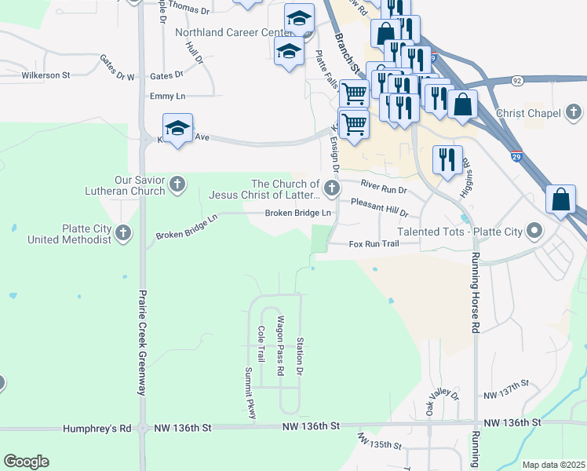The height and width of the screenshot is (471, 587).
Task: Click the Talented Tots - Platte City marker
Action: coord(535,231)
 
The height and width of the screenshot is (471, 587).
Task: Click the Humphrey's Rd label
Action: coord(97,429)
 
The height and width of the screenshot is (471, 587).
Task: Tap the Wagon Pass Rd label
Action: coord(279,345)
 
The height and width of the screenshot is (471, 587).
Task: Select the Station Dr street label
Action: coord(299,356)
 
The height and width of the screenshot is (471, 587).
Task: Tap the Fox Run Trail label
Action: coord(374,244)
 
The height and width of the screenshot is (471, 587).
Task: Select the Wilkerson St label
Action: coord(46,75)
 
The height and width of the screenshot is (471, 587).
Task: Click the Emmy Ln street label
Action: coord(168,96)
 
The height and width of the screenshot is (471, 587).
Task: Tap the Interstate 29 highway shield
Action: coord(516,155)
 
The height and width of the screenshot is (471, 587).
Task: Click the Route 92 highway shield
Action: coord(516,80)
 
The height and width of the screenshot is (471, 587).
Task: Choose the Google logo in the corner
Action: coord(26,462)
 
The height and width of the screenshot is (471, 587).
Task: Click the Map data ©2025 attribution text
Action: coord(553,465)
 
